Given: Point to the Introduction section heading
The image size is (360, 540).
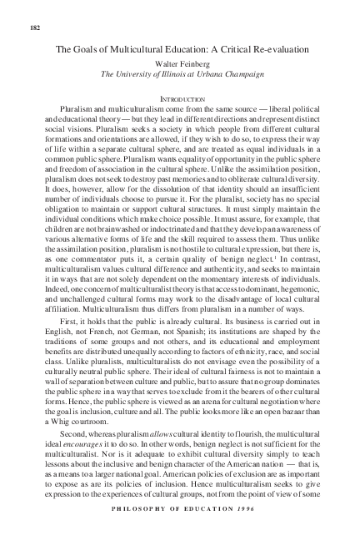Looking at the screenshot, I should click(180, 98).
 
